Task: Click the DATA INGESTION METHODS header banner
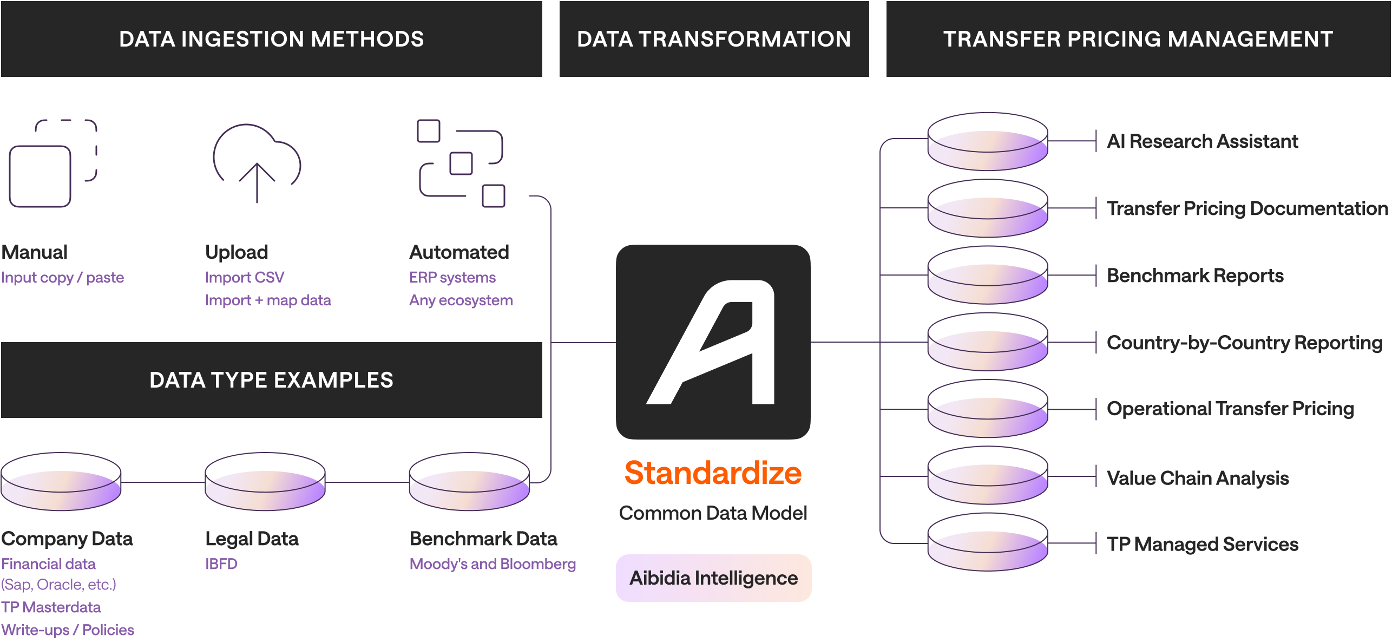pos(271,39)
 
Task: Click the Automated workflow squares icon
pos(461,163)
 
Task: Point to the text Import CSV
pos(244,278)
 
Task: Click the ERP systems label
pos(452,278)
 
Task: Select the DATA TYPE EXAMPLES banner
pos(271,380)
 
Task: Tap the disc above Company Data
pos(61,482)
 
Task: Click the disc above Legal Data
pos(265,482)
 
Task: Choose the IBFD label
pos(221,564)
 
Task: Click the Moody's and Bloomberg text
pos(492,564)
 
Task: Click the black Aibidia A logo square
pos(713,342)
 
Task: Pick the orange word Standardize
pos(713,473)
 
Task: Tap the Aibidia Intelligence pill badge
pos(713,578)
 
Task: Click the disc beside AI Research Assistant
pos(987,142)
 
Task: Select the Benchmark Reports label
pos(1195,276)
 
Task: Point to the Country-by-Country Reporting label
pos(1244,343)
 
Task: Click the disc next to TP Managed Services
pos(987,542)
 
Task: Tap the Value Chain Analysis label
pos(1197,478)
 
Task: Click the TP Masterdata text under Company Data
pos(51,607)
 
